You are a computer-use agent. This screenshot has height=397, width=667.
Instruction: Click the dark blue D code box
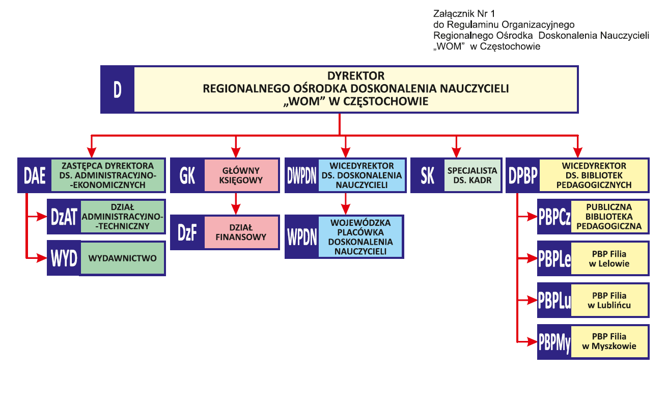(x=117, y=89)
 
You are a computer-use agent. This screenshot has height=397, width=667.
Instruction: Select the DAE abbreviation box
(x=35, y=176)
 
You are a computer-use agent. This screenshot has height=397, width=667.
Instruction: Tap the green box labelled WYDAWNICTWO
(x=122, y=258)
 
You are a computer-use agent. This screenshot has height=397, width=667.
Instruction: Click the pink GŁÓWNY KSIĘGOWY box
(x=241, y=176)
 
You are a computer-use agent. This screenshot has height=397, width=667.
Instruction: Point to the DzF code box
(x=187, y=232)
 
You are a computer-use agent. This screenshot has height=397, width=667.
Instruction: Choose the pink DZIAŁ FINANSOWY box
(x=241, y=232)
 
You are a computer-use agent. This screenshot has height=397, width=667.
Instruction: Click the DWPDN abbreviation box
(x=301, y=176)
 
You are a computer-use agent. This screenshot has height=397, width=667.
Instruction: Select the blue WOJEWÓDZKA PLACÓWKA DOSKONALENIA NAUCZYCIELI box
(x=360, y=237)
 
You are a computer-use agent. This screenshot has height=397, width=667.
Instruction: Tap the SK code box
(x=428, y=176)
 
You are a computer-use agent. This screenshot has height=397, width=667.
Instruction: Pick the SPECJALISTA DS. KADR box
(x=472, y=176)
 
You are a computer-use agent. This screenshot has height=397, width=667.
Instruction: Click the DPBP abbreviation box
(x=523, y=176)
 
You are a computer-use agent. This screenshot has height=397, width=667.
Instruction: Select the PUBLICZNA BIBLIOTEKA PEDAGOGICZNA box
(x=609, y=217)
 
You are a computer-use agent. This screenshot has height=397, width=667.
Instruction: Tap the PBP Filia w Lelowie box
(x=609, y=258)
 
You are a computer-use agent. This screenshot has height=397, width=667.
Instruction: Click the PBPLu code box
(x=554, y=300)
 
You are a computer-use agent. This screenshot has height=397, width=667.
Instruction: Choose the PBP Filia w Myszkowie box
(x=609, y=341)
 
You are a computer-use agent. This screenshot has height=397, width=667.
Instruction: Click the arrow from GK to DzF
(x=235, y=204)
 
